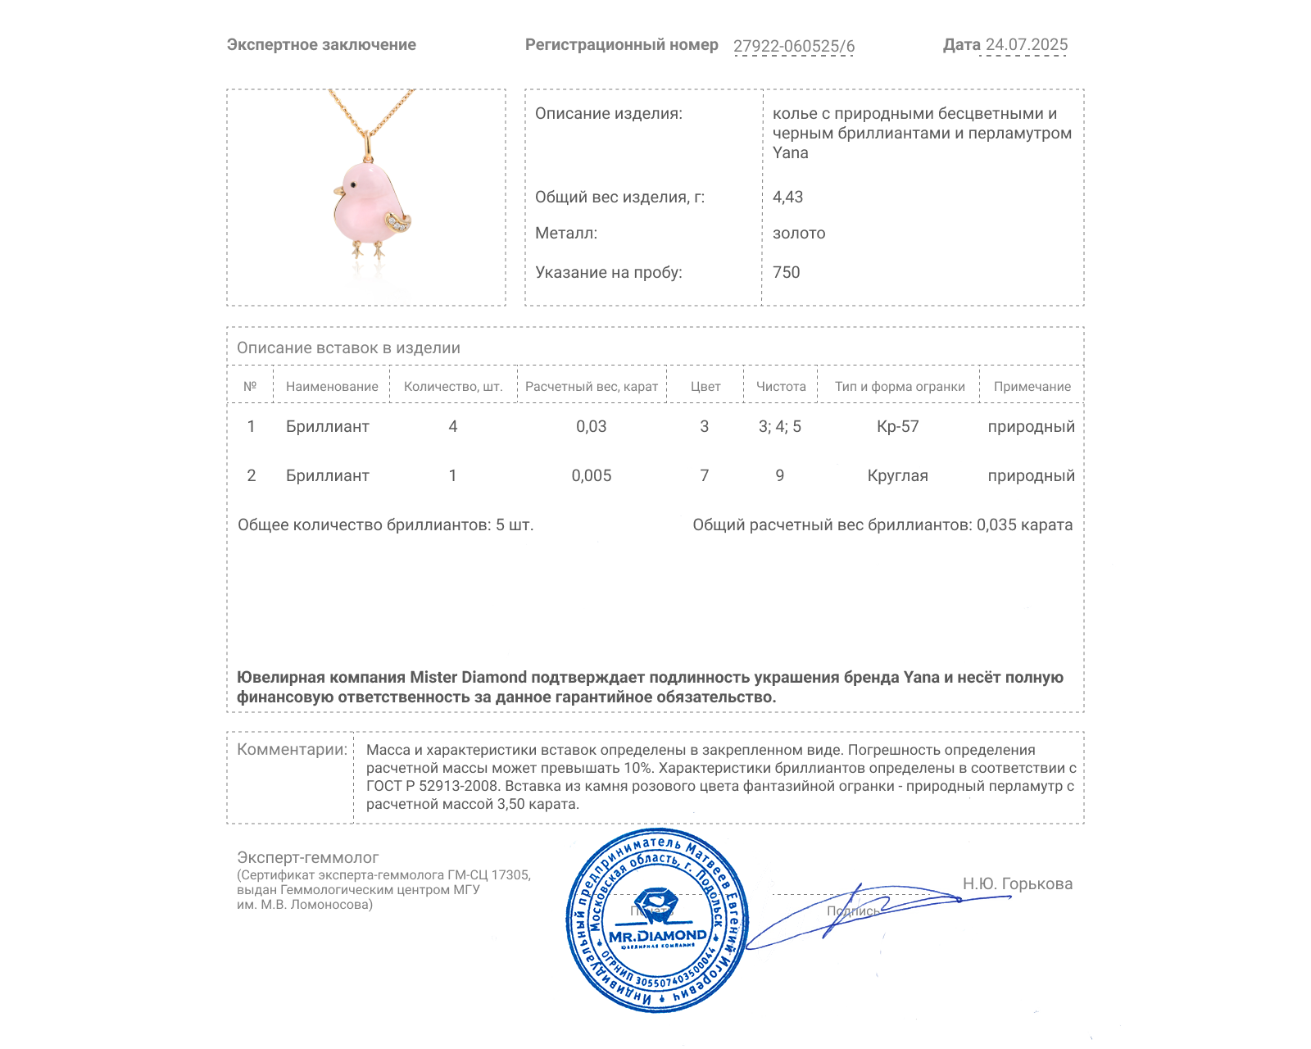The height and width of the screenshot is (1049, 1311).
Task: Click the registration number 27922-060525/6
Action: point(793,47)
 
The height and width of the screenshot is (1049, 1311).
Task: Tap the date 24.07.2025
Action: point(1026,45)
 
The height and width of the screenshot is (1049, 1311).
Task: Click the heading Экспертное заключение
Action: point(321,45)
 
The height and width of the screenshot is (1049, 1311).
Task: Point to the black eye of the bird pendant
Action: point(352,184)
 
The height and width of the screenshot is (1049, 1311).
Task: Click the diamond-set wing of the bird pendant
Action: point(399,221)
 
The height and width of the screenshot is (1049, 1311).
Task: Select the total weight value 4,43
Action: point(787,197)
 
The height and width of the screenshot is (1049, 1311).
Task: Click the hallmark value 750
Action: point(786,272)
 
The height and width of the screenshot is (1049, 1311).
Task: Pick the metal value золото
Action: point(799,233)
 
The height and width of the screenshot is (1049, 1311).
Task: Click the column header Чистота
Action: point(781,387)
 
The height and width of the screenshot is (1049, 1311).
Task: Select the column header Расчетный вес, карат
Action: point(592,387)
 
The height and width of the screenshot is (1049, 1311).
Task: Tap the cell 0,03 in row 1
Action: point(592,426)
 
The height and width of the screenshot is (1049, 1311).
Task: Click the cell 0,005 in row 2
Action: point(592,475)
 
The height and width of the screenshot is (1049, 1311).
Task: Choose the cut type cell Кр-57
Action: point(898,426)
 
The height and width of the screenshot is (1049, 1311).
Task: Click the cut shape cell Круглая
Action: point(898,475)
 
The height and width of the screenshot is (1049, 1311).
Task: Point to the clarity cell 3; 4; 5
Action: point(780,426)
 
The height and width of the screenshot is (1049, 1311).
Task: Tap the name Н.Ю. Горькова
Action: point(1017,883)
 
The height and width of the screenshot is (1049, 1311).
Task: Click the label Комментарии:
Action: point(292,749)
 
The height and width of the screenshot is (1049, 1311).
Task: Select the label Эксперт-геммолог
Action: point(308,857)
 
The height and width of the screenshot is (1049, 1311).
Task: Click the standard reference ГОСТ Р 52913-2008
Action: point(432,786)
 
